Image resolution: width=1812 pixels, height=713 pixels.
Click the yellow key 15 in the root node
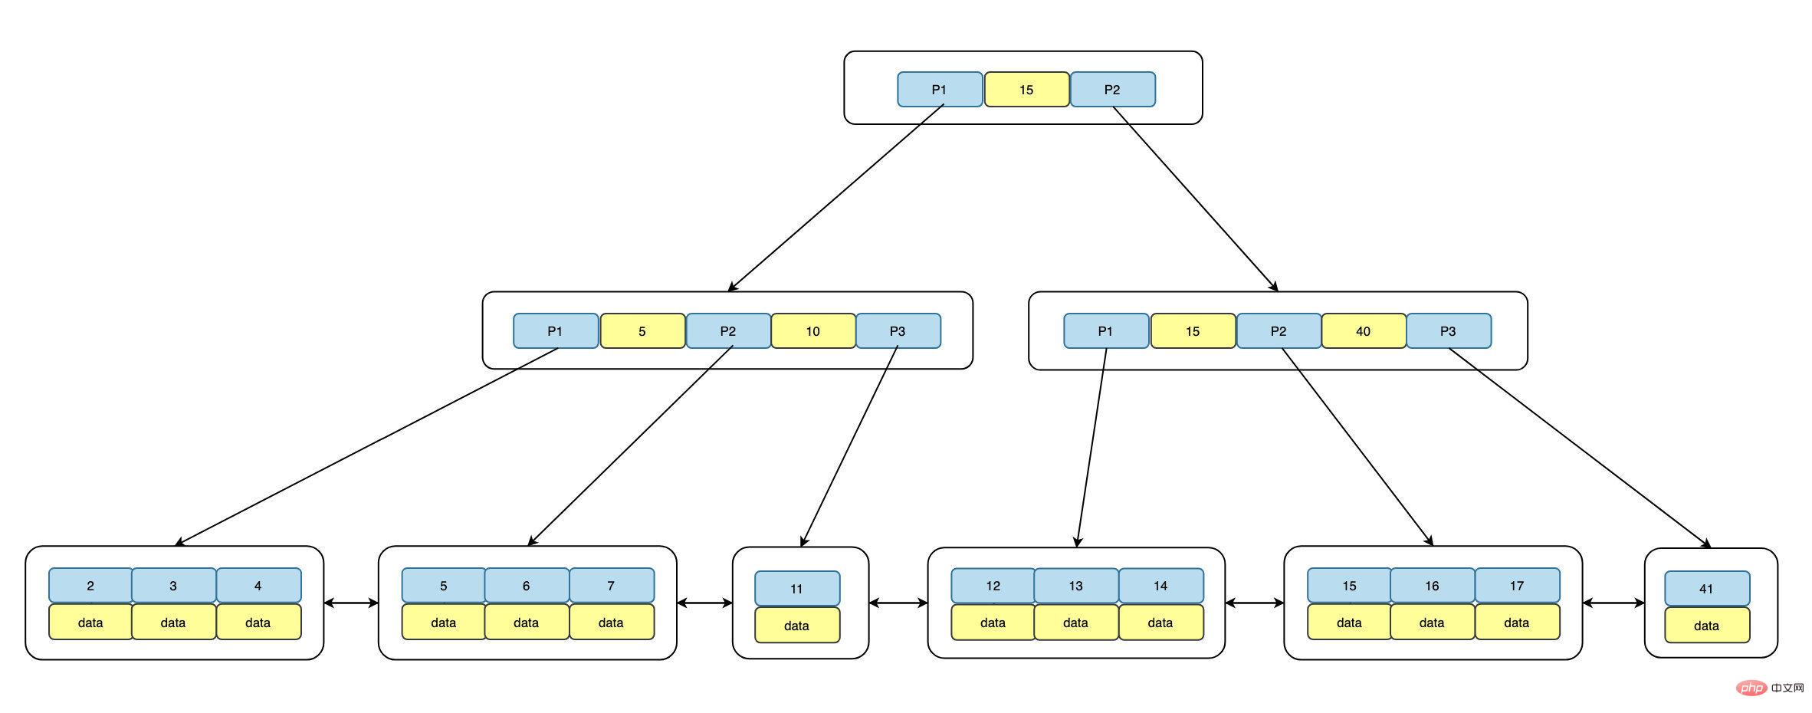1026,90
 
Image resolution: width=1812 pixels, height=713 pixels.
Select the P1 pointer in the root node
939,90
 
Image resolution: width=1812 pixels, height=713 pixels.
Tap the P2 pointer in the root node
1112,90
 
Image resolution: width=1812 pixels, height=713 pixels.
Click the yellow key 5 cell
642,331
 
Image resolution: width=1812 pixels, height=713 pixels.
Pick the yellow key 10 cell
812,331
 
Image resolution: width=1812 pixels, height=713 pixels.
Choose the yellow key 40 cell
1363,331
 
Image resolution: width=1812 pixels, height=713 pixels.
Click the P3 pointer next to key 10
898,331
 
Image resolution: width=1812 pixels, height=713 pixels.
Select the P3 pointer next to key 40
1448,331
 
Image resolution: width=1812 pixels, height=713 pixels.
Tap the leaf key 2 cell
90,586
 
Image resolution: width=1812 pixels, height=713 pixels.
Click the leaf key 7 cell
611,586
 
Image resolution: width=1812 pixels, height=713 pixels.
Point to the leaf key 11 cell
796,589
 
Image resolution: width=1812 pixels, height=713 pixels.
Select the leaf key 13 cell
1075,586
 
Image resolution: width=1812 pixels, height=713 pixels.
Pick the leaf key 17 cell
1516,586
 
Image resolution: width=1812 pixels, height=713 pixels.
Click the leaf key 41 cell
1706,589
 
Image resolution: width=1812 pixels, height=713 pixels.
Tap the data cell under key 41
1706,626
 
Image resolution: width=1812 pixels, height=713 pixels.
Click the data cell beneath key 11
796,626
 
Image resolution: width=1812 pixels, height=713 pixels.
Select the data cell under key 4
258,623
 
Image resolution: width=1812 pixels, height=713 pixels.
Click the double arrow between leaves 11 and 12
898,603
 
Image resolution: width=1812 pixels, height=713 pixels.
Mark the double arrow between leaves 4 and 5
351,603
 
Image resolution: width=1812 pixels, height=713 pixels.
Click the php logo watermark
1751,688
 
